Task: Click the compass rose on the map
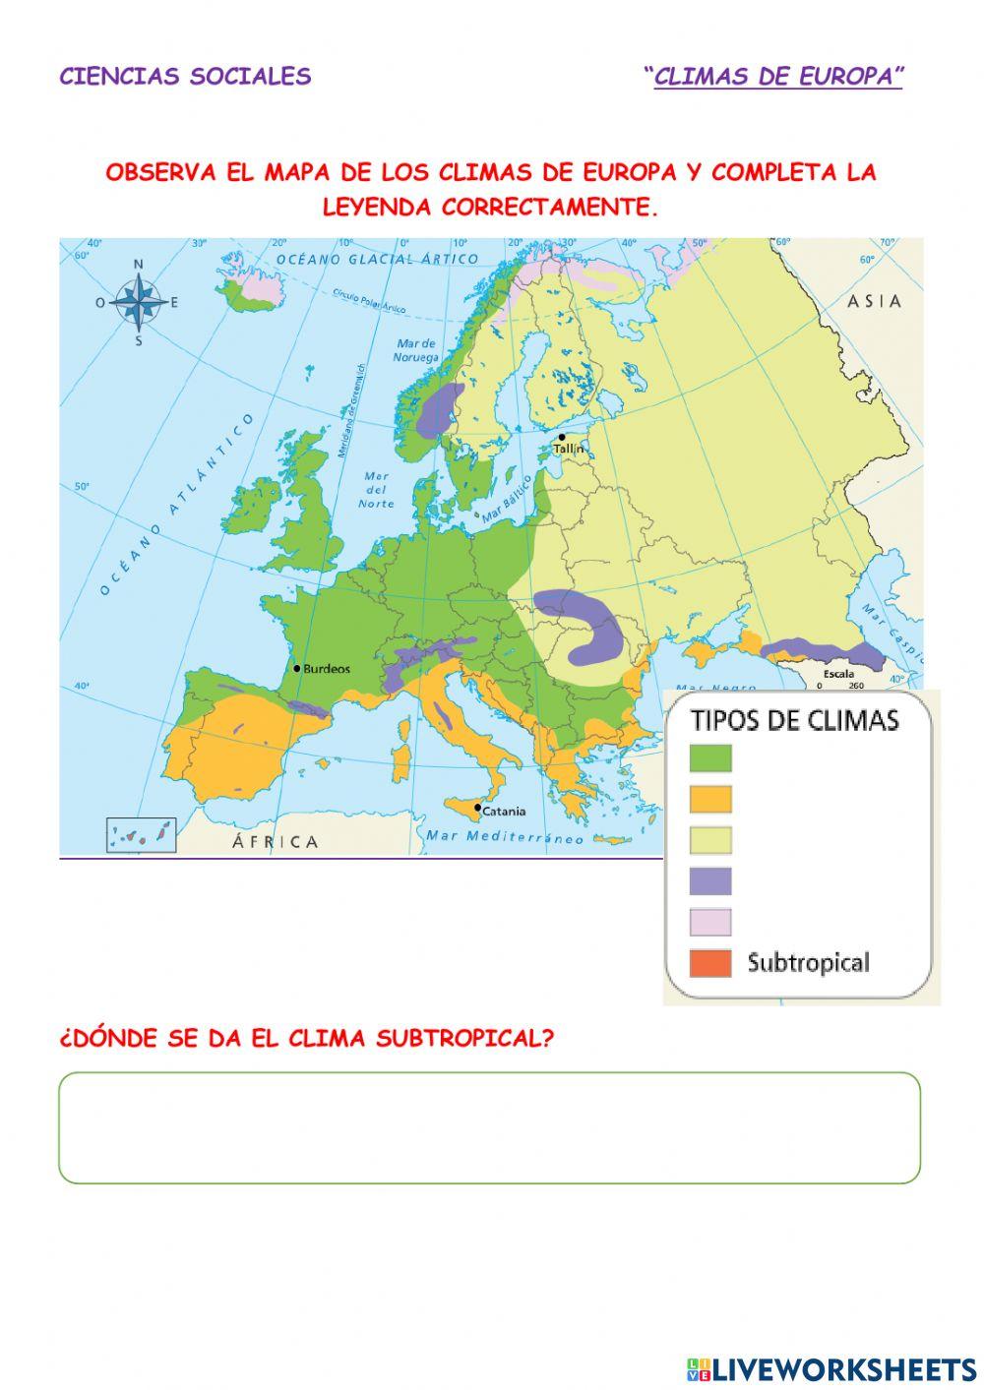[x=139, y=303]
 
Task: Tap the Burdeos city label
[x=326, y=669]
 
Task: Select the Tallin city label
[x=569, y=449]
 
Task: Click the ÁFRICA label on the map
[x=276, y=842]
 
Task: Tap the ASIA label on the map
[x=875, y=301]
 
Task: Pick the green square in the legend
[x=710, y=757]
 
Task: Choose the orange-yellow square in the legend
[x=710, y=799]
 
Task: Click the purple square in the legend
[x=710, y=880]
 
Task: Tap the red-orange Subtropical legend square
[x=710, y=963]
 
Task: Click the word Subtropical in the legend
[x=808, y=962]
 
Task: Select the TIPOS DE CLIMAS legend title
[x=795, y=720]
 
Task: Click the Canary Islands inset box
[x=141, y=835]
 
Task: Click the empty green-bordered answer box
[x=489, y=1127]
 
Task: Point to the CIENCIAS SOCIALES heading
[x=185, y=77]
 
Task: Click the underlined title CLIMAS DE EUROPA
[x=777, y=77]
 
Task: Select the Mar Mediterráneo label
[x=505, y=837]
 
